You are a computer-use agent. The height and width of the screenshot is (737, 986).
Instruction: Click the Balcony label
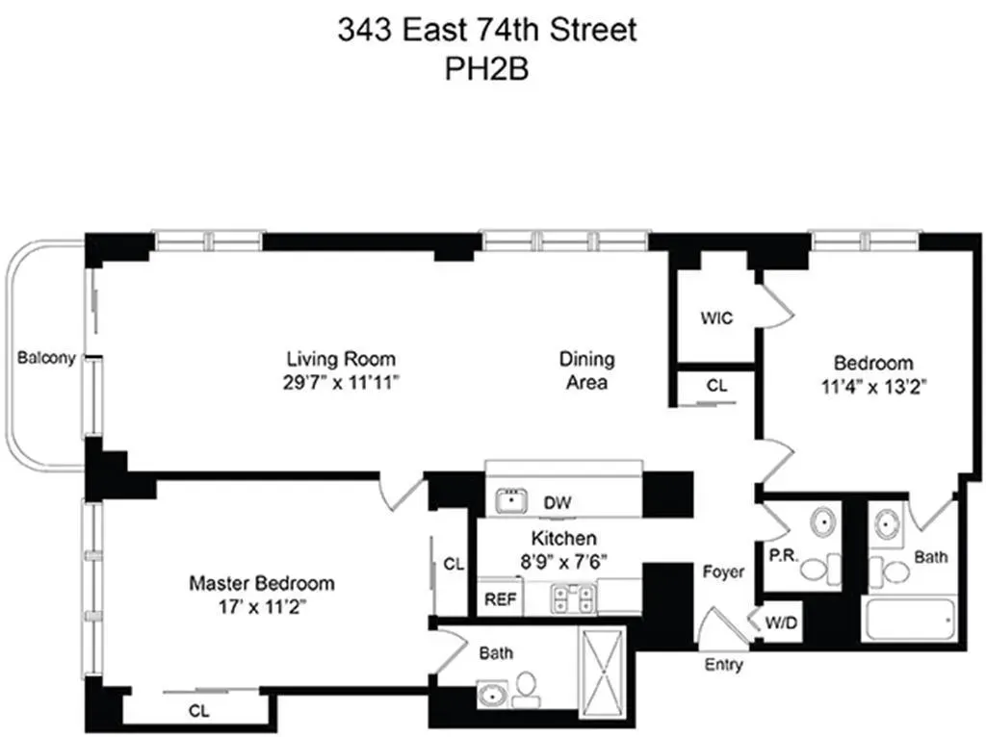[x=46, y=359]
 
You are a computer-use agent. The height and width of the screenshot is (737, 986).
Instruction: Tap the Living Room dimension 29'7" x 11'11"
[x=341, y=382]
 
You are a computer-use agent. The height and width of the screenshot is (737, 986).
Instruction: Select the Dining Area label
[x=586, y=369]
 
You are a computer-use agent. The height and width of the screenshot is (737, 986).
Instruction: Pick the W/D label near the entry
[x=781, y=623]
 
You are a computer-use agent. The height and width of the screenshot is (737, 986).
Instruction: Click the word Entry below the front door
[x=723, y=665]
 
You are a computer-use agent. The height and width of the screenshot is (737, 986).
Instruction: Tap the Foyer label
[x=723, y=572]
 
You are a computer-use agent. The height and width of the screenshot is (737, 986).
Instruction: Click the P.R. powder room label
[x=780, y=555]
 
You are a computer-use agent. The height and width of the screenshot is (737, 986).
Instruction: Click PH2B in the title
[x=485, y=70]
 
